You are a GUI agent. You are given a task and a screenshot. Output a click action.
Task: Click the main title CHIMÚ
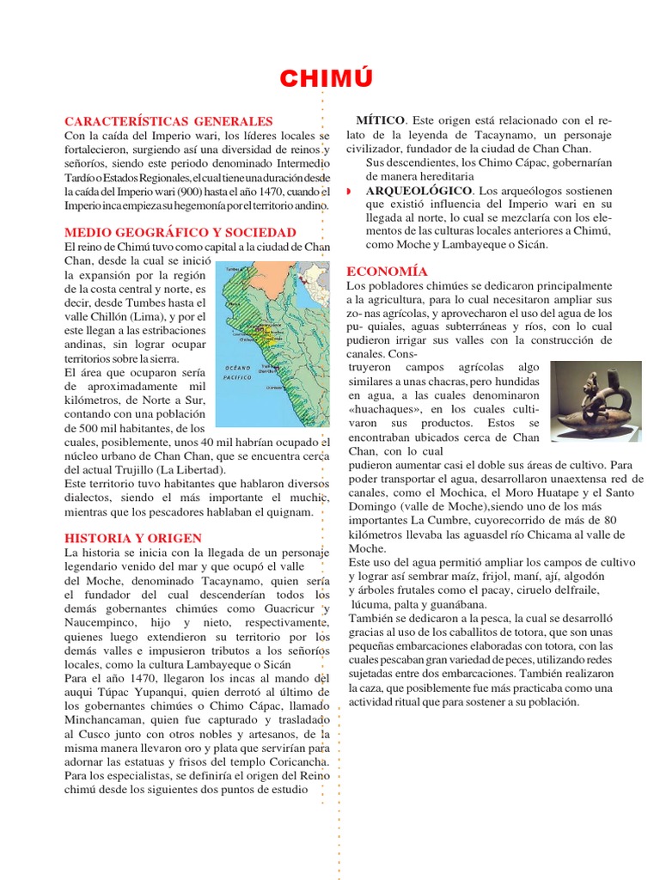328,79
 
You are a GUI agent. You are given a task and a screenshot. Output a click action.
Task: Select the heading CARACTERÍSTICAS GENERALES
168,121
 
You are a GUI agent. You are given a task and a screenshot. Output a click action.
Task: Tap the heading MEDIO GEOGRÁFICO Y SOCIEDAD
180,232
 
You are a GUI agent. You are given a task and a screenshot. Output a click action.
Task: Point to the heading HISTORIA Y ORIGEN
133,538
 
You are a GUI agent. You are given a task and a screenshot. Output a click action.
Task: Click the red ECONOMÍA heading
387,271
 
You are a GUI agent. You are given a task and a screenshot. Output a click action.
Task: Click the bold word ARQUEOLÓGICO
419,189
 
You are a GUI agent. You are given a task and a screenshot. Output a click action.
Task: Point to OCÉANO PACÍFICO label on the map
237,372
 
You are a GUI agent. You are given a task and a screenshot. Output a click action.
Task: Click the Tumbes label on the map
233,269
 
